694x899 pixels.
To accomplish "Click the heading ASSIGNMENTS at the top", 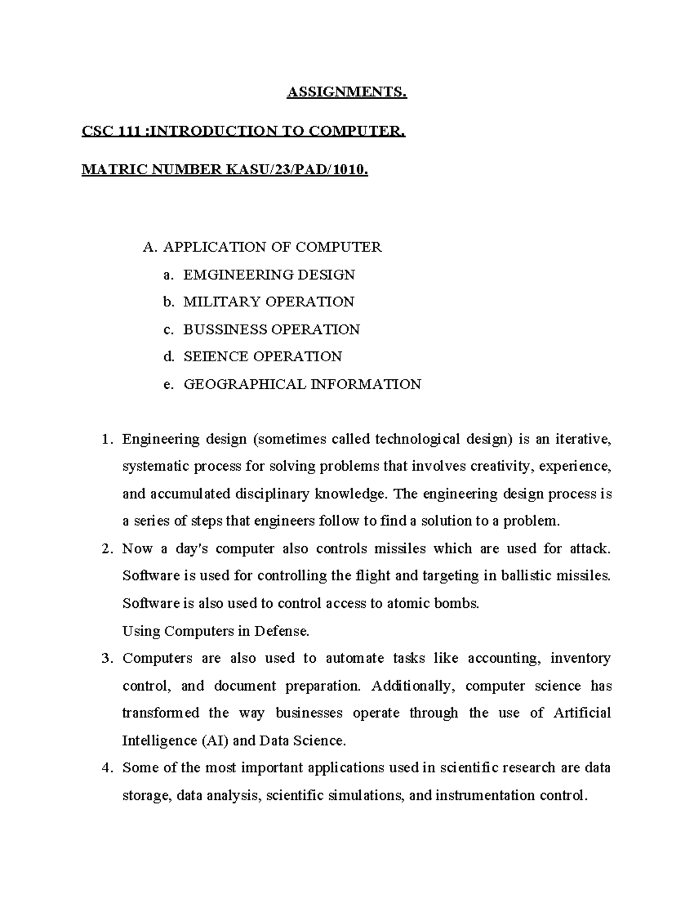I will pos(347,93).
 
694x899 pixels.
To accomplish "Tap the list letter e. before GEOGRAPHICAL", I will pos(168,384).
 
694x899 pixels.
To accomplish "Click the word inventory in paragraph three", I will pos(580,658).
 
